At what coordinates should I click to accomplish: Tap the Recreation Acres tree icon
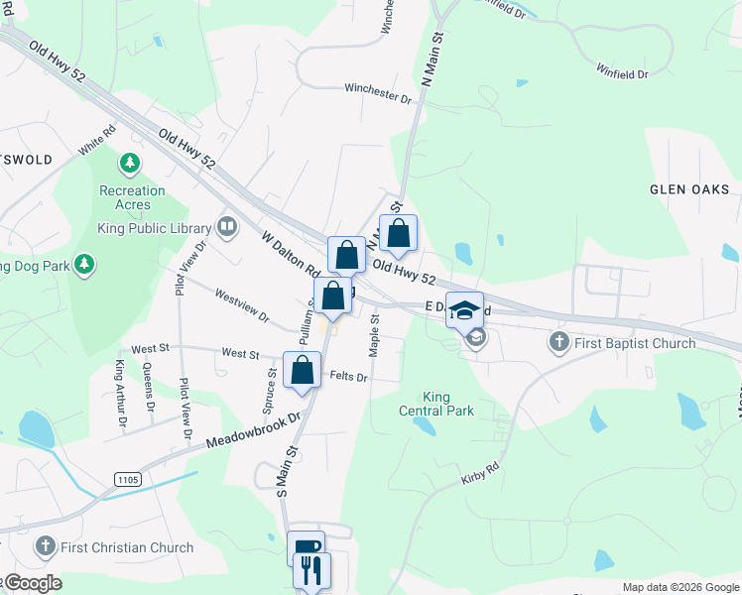(x=129, y=162)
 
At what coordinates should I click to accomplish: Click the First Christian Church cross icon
(x=44, y=546)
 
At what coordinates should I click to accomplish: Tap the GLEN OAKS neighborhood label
(x=689, y=189)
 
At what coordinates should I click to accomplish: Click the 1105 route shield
(x=128, y=479)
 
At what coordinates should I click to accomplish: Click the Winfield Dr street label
(x=622, y=72)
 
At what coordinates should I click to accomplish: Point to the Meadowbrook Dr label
(x=253, y=431)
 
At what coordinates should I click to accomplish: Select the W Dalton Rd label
(x=291, y=254)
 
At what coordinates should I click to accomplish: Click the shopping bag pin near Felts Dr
(x=302, y=371)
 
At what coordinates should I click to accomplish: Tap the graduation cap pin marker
(x=464, y=310)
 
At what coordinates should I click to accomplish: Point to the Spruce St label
(x=270, y=391)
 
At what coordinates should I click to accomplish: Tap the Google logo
(x=33, y=583)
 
